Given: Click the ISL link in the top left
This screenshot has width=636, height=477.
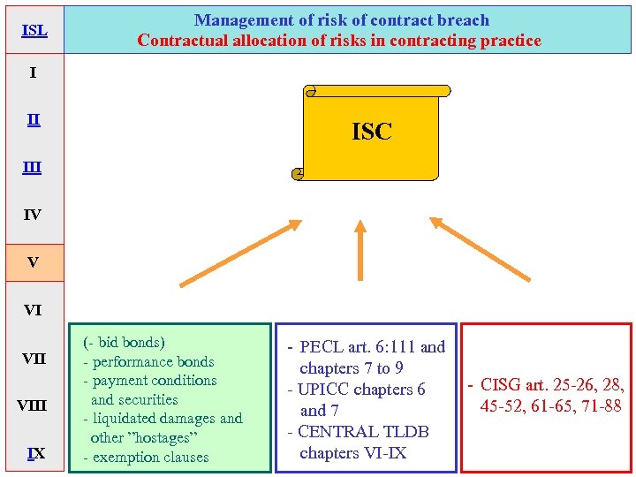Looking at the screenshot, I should tap(34, 31).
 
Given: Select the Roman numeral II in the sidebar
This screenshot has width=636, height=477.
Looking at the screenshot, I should tap(33, 119).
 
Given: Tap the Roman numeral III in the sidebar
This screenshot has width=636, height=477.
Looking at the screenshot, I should tap(33, 167).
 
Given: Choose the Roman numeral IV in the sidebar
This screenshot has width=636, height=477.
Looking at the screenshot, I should tap(33, 215).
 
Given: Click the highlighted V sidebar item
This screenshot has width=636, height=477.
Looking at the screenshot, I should tap(33, 262).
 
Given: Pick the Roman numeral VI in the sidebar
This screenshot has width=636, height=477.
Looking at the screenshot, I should tap(33, 310).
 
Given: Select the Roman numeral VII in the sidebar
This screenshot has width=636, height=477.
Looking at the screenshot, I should tap(34, 359).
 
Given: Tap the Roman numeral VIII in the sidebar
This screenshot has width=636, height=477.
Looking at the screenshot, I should tap(33, 406).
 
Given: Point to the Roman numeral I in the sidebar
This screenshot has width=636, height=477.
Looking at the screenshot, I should tap(33, 72).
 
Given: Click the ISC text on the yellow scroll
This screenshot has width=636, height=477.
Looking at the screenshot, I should tap(372, 132).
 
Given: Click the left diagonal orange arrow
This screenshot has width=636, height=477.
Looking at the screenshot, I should tap(238, 254).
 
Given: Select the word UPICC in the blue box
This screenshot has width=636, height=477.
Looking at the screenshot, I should tap(326, 390).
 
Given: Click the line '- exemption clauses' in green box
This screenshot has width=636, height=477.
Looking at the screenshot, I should tap(146, 458).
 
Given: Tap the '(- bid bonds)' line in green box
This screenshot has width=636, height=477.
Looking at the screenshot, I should tap(125, 342).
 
